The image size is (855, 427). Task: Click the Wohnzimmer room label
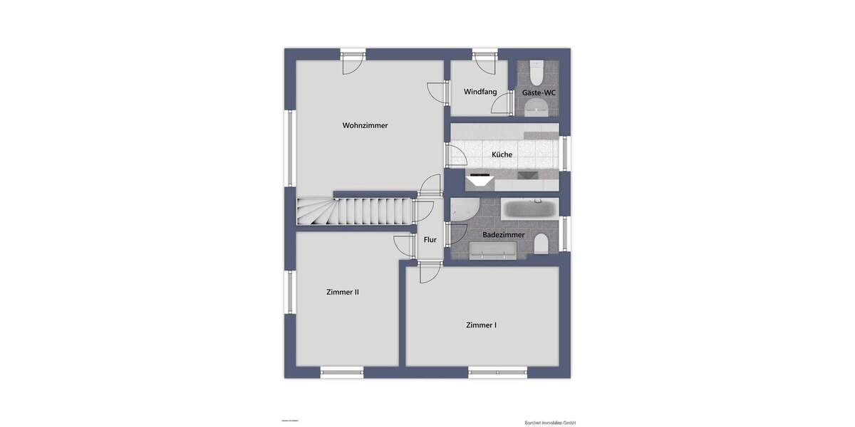click(x=365, y=125)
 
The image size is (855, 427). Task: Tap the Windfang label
click(x=480, y=92)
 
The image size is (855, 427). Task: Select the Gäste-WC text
click(x=539, y=93)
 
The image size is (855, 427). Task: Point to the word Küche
click(x=502, y=154)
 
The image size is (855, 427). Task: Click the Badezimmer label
click(x=503, y=234)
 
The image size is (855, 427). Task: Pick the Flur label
click(x=430, y=240)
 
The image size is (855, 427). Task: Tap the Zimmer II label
click(x=342, y=292)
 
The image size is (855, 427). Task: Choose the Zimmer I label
click(x=481, y=325)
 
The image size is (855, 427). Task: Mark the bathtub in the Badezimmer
click(x=529, y=209)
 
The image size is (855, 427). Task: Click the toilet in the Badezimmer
click(x=541, y=244)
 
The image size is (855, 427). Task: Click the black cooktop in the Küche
click(x=479, y=174)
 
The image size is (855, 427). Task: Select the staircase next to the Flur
click(x=355, y=212)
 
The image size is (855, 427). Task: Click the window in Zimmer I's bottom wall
click(x=497, y=371)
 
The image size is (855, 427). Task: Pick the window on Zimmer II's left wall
click(x=290, y=292)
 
